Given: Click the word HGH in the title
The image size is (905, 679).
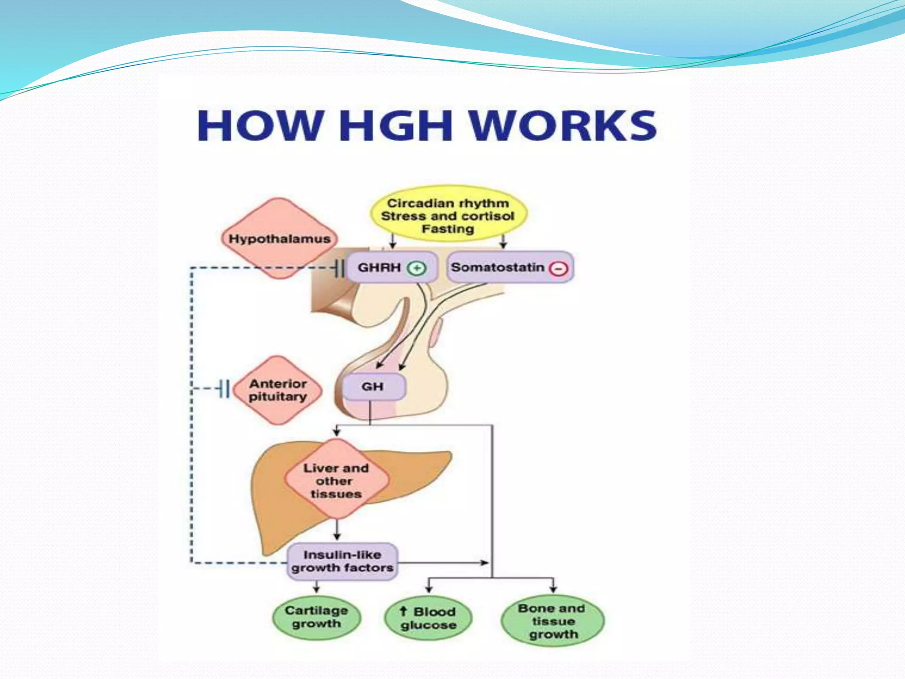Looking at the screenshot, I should click(x=395, y=126).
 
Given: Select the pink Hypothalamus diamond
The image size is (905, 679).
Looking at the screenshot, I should click(x=279, y=239).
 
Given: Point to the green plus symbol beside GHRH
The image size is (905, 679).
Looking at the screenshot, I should click(x=416, y=268).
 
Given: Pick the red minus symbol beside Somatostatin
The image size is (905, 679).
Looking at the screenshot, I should click(x=559, y=268).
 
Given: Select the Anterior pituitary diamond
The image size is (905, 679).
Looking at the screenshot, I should click(x=278, y=390).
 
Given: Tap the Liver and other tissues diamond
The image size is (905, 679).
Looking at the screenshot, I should click(x=336, y=480).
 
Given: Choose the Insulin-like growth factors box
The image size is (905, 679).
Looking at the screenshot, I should click(x=342, y=561).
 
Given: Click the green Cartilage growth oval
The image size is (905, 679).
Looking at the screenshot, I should click(x=316, y=617).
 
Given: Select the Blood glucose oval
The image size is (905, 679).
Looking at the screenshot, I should click(x=428, y=618).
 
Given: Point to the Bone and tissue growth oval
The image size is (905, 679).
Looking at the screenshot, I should click(x=553, y=621).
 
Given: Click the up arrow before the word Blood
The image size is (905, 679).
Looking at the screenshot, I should click(x=403, y=611).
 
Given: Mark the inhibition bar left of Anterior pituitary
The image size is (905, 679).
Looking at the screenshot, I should click(x=224, y=389).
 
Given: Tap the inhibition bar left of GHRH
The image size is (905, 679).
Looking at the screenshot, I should click(x=339, y=268).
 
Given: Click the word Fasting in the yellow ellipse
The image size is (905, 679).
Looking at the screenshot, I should click(x=448, y=229).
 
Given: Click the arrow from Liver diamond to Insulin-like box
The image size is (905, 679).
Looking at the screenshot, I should click(x=337, y=530).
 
